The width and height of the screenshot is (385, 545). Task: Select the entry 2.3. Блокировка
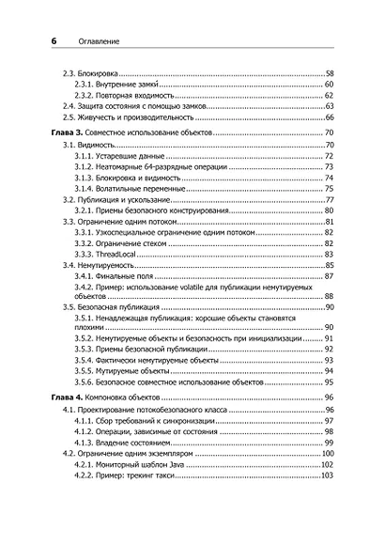point(90,72)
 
